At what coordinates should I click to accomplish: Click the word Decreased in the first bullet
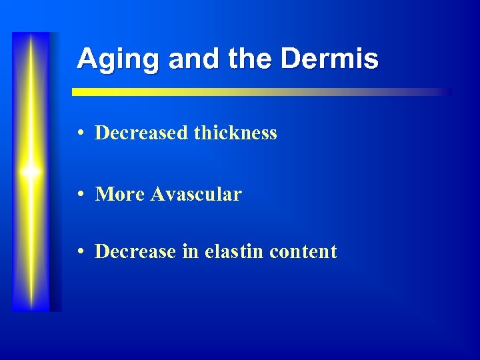pyautogui.click(x=141, y=133)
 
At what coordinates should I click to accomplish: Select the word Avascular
pyautogui.click(x=196, y=194)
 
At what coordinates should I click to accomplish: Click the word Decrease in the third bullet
pyautogui.click(x=136, y=251)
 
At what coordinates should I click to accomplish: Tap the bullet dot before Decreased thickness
pyautogui.click(x=80, y=133)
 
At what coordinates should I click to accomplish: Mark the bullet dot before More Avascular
pyautogui.click(x=80, y=195)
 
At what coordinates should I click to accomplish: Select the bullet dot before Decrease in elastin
pyautogui.click(x=80, y=252)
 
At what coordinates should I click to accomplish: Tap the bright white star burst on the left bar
pyautogui.click(x=31, y=171)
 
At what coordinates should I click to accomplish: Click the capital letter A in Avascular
pyautogui.click(x=157, y=194)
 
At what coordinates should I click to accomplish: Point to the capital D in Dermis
pyautogui.click(x=290, y=59)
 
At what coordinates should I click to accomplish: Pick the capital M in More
pyautogui.click(x=104, y=194)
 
